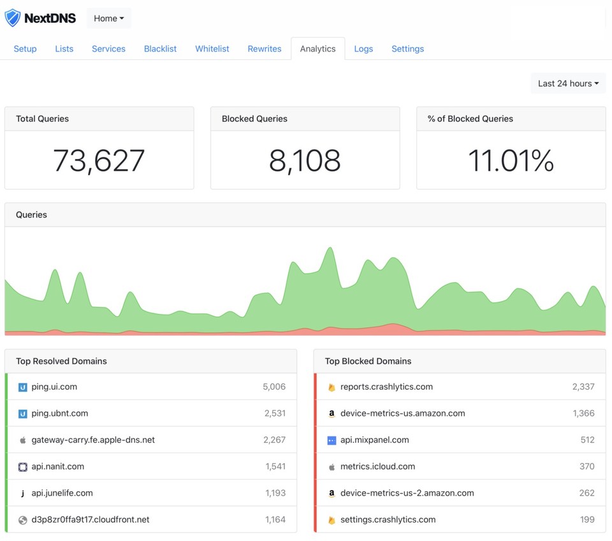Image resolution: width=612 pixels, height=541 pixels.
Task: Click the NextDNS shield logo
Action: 13,18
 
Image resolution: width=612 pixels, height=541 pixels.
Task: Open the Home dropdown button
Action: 108,19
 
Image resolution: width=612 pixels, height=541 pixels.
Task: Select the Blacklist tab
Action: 160,48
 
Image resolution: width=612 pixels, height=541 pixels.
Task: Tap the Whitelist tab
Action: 212,48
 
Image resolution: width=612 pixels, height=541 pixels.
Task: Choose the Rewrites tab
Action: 265,48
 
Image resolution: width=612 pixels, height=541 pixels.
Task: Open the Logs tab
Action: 363,48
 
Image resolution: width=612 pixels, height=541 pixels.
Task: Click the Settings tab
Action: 407,48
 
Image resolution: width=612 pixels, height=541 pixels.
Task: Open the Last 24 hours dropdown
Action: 568,83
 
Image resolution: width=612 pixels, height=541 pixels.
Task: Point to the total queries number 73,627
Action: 99,161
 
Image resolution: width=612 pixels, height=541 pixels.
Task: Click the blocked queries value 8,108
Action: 305,161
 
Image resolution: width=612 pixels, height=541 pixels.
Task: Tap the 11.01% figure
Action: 511,161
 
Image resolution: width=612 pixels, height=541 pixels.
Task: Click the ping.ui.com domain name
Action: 54,387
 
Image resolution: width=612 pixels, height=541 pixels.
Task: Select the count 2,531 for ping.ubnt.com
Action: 275,413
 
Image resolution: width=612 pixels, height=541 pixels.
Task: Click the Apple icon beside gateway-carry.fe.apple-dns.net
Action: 23,440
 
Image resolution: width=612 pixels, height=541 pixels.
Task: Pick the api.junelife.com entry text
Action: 62,493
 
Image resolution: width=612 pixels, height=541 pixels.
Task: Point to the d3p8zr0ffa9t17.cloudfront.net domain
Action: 91,519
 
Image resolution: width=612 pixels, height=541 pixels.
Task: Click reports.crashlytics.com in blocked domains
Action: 386,387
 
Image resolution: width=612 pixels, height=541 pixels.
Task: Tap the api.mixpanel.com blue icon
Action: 331,440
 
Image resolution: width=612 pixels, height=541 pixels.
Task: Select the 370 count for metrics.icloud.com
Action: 587,466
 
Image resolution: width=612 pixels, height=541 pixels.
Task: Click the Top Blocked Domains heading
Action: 368,361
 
